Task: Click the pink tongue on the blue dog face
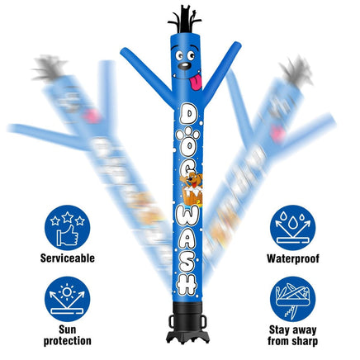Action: tap(197, 81)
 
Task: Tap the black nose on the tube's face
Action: tap(184, 66)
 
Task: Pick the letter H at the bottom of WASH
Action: tap(187, 283)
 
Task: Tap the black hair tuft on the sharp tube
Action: tap(184, 19)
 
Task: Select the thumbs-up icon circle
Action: tap(68, 227)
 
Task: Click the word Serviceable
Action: tap(68, 258)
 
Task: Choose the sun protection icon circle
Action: tap(68, 299)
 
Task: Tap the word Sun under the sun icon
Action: tap(68, 329)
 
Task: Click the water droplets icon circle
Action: tap(293, 228)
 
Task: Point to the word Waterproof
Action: tap(293, 258)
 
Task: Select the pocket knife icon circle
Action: tap(293, 299)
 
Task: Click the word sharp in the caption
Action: tap(304, 341)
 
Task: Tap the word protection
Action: tap(68, 341)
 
